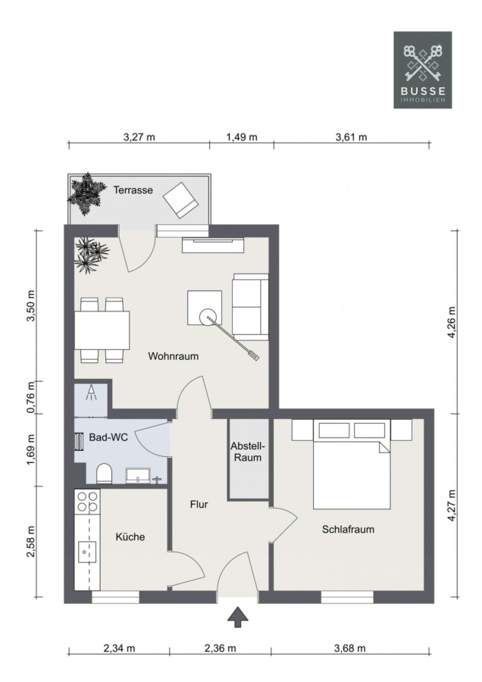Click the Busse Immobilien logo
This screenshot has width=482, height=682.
pos(422,70)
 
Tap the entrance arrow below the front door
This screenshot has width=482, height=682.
pos(238,617)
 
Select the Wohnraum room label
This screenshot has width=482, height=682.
pos(173,356)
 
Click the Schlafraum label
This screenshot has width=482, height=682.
pos(348,530)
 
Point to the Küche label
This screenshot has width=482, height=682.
pos(130,537)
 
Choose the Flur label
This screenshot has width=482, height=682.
pos(199,504)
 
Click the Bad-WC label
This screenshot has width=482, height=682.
pos(108,437)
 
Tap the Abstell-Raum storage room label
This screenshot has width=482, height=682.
pos(248,452)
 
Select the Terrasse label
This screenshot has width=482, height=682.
pos(133,190)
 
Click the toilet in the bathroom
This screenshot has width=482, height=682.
pos(104,473)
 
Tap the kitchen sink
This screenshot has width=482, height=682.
pos(87,552)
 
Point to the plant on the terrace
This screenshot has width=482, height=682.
pos(87,194)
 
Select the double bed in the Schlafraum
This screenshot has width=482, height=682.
pos(352,464)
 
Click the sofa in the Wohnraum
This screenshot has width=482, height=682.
pos(251,307)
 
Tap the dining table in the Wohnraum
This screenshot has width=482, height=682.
pos(102,330)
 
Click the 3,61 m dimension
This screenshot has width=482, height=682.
pos(351,137)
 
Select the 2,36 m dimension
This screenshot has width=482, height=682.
pos(220,648)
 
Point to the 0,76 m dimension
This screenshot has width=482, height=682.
pos(30,398)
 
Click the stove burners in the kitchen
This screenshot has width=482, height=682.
pos(87,501)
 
